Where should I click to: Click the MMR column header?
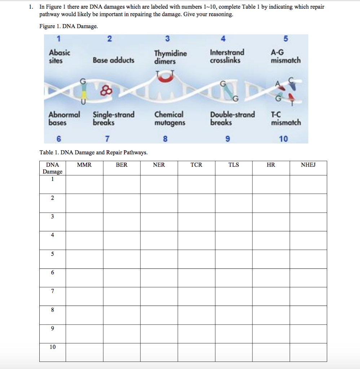(84, 165)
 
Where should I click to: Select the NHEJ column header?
(308, 165)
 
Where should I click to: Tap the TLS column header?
(233, 165)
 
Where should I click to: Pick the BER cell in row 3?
(122, 222)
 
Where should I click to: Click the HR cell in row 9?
(271, 334)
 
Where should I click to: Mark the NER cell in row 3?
(159, 222)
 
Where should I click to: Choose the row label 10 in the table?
(53, 347)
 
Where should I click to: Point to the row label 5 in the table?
(53, 254)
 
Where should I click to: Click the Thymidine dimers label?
(170, 57)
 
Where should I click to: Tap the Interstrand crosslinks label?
(227, 56)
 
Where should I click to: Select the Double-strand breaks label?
(232, 118)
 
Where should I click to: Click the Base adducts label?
(113, 60)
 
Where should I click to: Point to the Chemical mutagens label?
(170, 119)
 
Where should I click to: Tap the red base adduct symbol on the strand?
(107, 90)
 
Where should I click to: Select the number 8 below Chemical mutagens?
(165, 139)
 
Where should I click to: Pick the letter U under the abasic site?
(84, 102)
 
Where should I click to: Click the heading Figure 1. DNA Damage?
(69, 27)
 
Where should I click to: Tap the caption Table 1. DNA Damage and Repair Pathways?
(93, 152)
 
